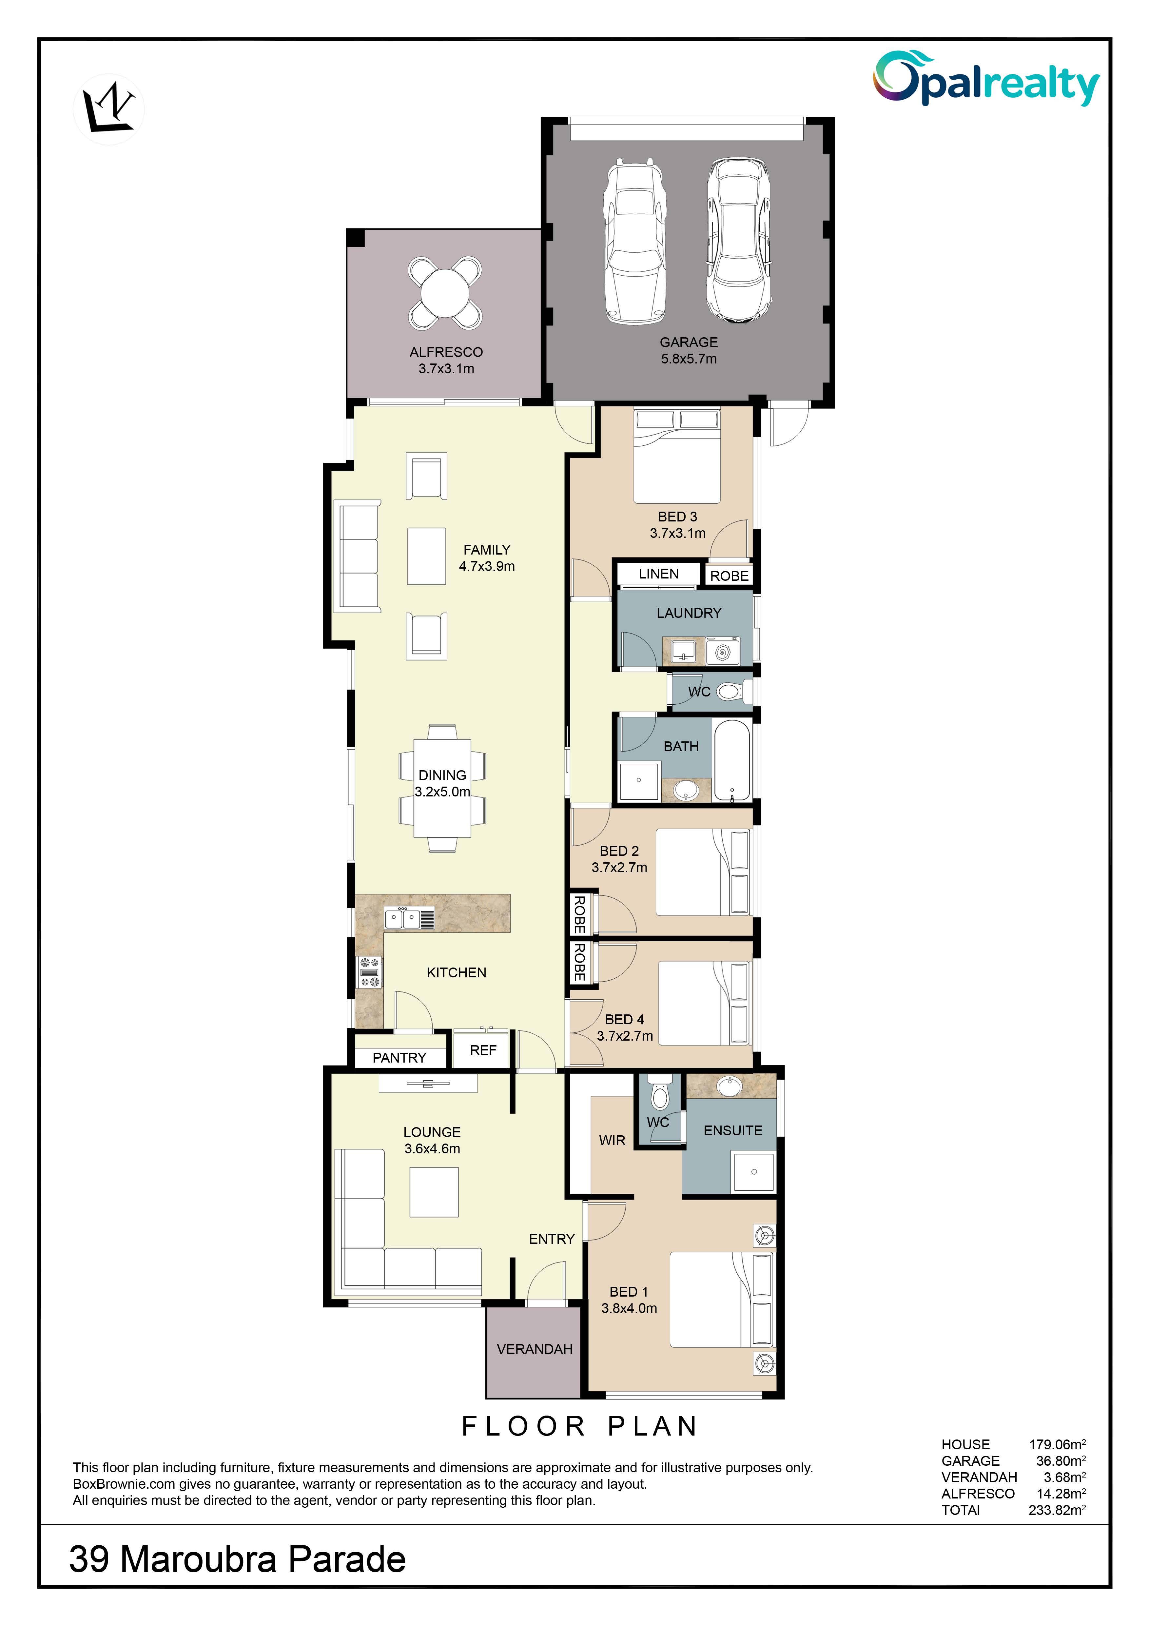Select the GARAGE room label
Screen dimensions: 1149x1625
tap(689, 342)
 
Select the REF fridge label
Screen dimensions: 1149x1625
tap(483, 1050)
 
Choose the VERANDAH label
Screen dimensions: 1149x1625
tap(535, 1349)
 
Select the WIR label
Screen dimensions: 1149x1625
tap(612, 1140)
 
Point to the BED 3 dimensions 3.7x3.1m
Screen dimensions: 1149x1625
tap(678, 533)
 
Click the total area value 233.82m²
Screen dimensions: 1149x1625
tap(1057, 1510)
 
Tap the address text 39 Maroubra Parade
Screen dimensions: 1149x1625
tap(238, 1559)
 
